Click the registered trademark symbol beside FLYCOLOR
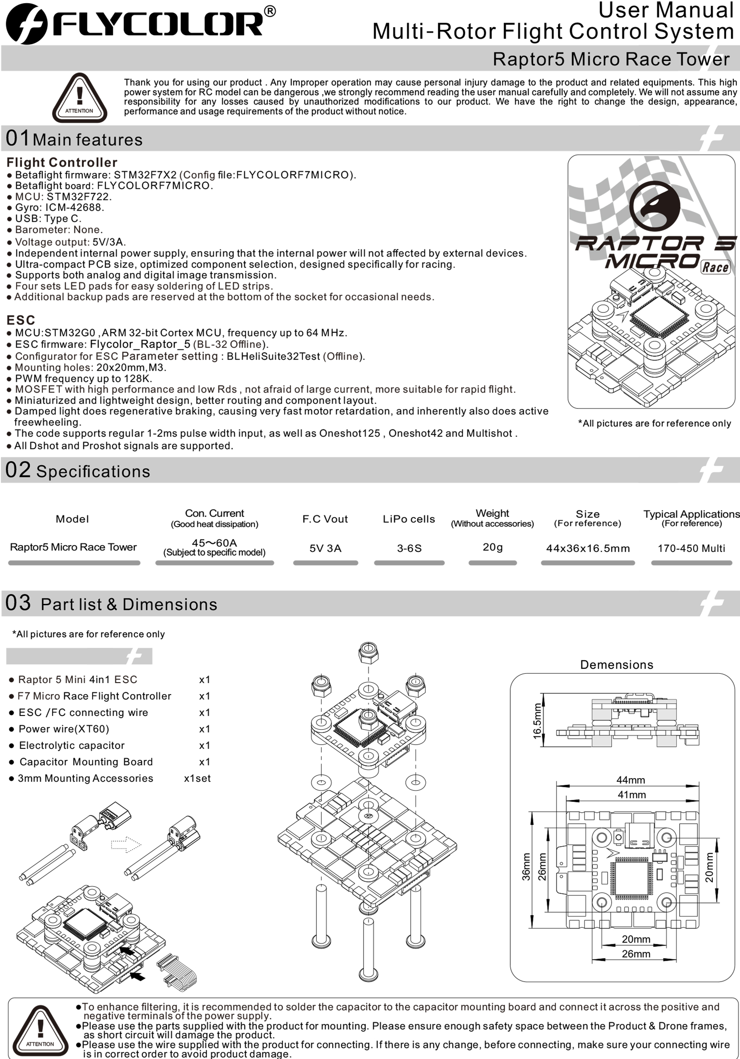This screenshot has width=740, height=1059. point(270,12)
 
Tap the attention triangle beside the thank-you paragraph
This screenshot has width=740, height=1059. point(80,98)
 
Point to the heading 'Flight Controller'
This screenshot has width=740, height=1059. point(62,162)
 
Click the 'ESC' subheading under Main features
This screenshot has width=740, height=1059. point(21,320)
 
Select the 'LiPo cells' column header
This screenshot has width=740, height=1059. point(409,519)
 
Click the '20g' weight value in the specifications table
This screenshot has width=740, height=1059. point(493,547)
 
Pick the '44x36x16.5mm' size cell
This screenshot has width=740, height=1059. point(588,548)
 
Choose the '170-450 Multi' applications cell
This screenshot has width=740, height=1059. point(691,548)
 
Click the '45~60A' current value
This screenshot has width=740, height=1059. point(214,543)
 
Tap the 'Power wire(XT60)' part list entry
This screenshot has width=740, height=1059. point(64,729)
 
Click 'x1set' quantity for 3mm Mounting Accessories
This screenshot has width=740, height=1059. point(197,778)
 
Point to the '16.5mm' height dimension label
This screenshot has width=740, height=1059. point(537,720)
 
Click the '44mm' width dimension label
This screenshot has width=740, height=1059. point(631,780)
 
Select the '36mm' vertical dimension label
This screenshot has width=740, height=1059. point(526,867)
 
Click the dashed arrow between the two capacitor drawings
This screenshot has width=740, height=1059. point(125,844)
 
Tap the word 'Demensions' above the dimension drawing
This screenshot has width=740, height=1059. point(616,665)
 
